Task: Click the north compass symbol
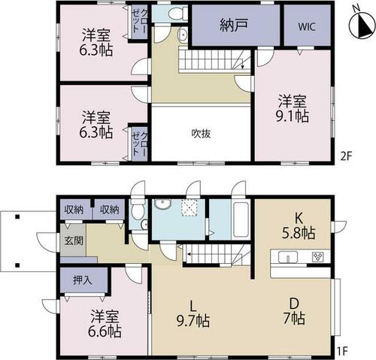point(361,25)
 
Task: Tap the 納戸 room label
point(234,26)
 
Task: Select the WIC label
point(307,26)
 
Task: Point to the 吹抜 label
point(201,134)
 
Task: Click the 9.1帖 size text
point(293,116)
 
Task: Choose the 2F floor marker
point(347,157)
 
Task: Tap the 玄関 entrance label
point(74,241)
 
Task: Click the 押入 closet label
point(83,280)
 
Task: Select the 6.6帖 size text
point(105,331)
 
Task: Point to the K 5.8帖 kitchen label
point(299,226)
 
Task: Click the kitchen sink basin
point(288,257)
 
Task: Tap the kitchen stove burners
point(317,257)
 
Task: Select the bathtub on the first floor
point(241,219)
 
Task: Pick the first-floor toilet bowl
point(138,210)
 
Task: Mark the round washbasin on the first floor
point(162,204)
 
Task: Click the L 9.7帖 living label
point(193,314)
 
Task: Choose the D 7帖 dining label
point(294,311)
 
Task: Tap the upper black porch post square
point(17,217)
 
